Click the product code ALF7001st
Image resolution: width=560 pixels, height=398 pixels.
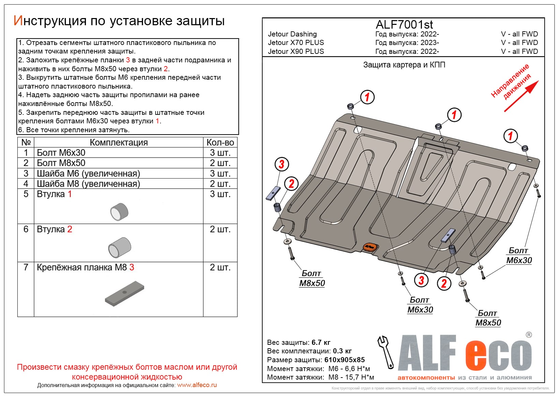pyautogui.click(x=404, y=25)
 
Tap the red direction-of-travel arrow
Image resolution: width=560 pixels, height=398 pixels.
pyautogui.click(x=521, y=96)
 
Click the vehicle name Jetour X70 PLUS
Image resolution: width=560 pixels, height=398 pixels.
pyautogui.click(x=296, y=43)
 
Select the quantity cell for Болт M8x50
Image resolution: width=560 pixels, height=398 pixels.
pyautogui.click(x=220, y=163)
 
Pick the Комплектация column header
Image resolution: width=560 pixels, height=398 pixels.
pyautogui.click(x=119, y=142)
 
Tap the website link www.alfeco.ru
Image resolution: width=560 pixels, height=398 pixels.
pyautogui.click(x=197, y=385)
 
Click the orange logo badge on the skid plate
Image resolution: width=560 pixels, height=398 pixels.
pyautogui.click(x=369, y=247)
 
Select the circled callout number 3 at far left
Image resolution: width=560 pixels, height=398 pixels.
pyautogui.click(x=282, y=164)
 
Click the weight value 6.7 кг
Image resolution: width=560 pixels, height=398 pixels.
pyautogui.click(x=321, y=342)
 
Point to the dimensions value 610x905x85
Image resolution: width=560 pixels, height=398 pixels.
pyautogui.click(x=344, y=360)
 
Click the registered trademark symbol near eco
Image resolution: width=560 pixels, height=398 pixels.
pyautogui.click(x=529, y=335)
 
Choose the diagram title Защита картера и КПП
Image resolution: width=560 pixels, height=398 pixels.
pyautogui.click(x=404, y=65)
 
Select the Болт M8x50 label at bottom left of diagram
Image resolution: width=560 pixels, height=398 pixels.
pyautogui.click(x=312, y=278)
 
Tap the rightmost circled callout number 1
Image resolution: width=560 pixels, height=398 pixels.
pyautogui.click(x=511, y=136)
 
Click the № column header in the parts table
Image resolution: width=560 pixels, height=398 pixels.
pyautogui.click(x=26, y=142)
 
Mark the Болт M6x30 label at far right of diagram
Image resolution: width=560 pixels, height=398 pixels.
pyautogui.click(x=519, y=256)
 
